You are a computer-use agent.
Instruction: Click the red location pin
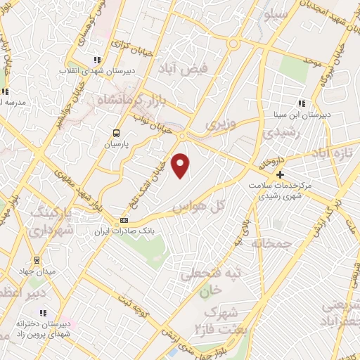tap(181, 165)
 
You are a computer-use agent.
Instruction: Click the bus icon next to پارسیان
tap(117, 132)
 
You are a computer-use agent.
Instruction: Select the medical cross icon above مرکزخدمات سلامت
tap(280, 174)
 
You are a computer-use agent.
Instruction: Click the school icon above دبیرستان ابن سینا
tap(302, 103)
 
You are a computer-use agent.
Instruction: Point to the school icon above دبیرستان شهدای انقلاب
tap(97, 60)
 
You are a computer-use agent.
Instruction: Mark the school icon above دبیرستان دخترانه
tap(43, 313)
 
